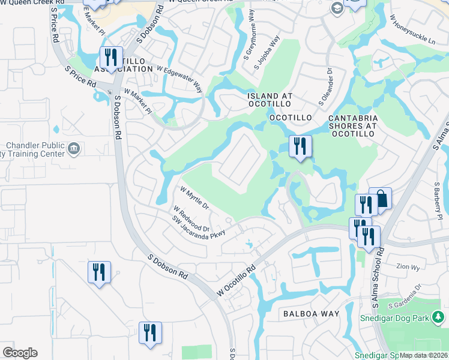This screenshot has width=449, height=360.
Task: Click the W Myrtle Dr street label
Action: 194,198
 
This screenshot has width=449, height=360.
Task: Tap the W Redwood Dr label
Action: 191,220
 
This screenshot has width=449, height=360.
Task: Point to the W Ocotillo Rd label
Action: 237,280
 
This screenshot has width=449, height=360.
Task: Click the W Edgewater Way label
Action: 179,78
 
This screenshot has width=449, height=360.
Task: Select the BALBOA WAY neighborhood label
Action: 311,314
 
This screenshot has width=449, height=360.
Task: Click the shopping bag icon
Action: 381,199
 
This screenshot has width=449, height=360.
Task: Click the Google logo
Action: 20,352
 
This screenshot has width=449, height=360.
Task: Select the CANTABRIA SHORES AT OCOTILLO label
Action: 352,126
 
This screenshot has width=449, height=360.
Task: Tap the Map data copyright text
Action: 424,355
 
